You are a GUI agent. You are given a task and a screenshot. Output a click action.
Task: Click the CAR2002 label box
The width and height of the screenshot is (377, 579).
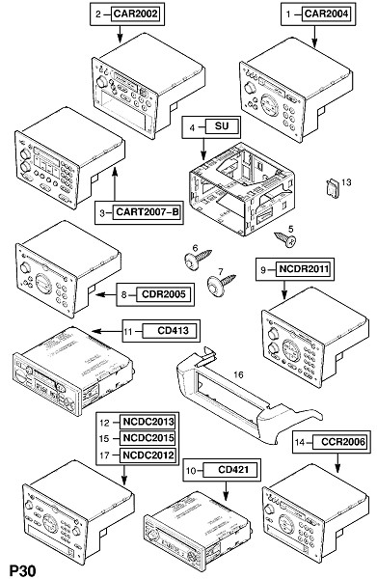tap(136, 14)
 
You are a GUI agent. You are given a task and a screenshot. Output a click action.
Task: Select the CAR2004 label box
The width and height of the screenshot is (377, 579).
tap(326, 14)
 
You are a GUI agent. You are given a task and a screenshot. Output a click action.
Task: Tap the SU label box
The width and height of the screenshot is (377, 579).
tap(222, 126)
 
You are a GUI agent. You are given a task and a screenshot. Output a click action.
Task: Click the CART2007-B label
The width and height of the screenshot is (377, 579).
tap(148, 212)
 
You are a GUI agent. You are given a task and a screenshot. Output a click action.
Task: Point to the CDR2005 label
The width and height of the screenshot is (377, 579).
tap(164, 294)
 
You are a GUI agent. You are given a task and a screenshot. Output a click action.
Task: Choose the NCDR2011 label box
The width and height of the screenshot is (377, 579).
tap(304, 269)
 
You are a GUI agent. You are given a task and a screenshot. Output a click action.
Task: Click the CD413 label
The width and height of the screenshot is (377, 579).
tap(171, 330)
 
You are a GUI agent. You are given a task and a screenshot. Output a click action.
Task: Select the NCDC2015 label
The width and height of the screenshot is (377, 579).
tap(148, 438)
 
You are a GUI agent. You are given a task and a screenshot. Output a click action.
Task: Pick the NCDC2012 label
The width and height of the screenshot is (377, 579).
tap(148, 455)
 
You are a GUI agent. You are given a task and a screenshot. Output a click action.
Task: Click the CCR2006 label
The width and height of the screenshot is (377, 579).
tap(341, 442)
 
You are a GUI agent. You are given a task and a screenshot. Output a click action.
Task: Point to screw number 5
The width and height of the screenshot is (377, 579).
tap(286, 239)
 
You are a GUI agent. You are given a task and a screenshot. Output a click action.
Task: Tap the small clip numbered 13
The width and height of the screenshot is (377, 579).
tap(333, 186)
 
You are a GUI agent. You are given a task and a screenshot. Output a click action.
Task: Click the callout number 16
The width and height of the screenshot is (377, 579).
tap(239, 374)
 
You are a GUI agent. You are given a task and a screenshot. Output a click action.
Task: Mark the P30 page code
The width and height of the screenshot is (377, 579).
tap(22, 570)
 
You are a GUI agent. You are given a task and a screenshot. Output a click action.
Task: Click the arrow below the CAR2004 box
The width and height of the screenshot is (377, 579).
tap(314, 37)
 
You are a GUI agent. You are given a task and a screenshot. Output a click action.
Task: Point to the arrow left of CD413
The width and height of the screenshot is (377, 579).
tap(107, 331)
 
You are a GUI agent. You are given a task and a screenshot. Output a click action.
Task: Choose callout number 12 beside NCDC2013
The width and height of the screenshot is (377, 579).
tap(105, 423)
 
